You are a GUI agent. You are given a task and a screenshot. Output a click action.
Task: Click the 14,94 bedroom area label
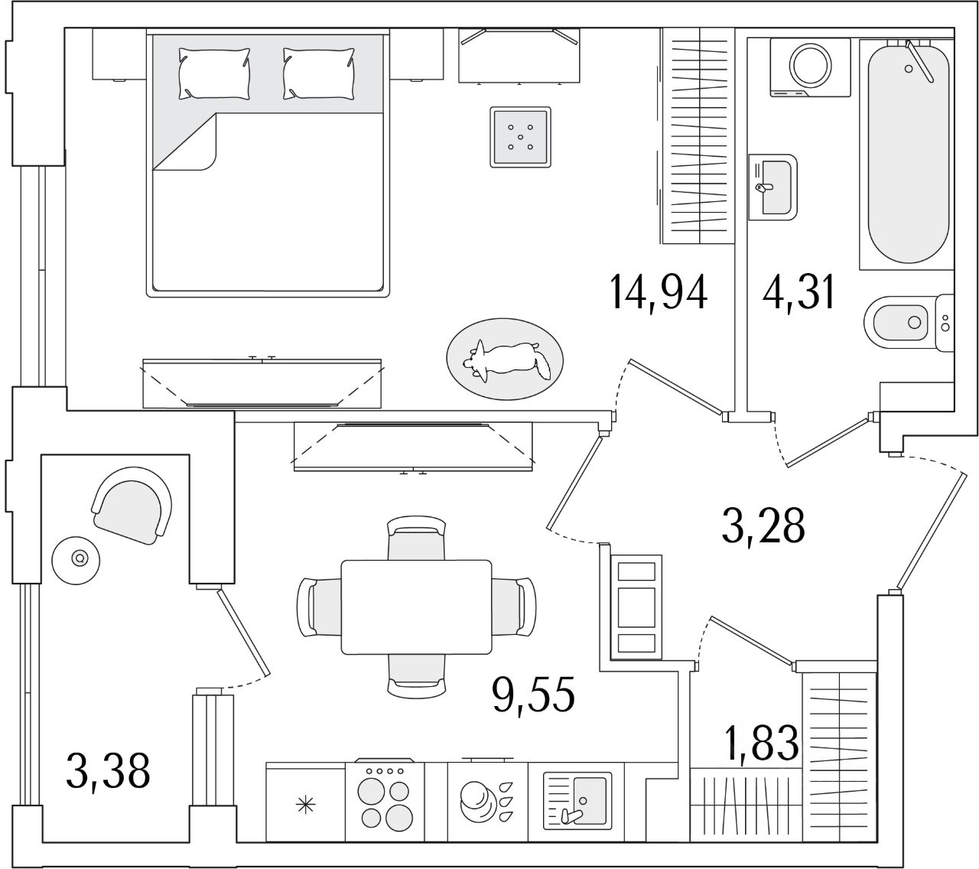659,292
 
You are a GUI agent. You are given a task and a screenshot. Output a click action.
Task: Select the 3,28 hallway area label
763,526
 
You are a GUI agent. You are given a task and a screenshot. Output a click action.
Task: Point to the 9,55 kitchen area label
533,695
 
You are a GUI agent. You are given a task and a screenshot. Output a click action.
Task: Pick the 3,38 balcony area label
107,770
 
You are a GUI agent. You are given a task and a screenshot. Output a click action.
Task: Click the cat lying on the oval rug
507,360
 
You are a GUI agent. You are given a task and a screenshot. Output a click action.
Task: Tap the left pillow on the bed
213,73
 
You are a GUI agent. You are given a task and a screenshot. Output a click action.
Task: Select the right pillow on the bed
318,73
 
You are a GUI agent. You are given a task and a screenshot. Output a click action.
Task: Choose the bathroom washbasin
776,186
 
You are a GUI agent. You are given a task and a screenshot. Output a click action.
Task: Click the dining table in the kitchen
416,607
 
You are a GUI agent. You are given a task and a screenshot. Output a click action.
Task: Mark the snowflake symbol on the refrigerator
306,805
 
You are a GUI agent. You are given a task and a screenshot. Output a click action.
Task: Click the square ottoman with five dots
520,137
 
